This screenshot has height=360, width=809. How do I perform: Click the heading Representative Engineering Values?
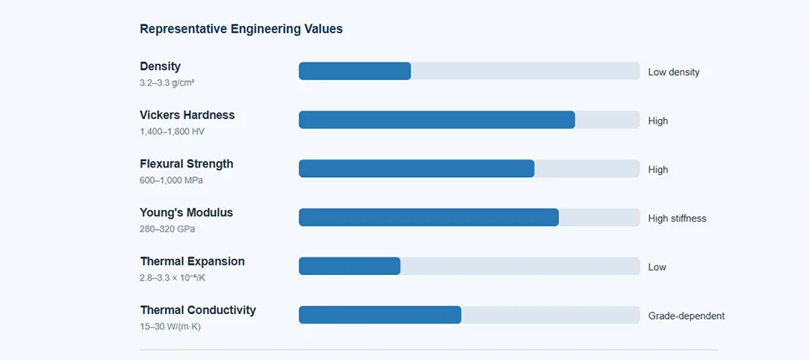[241, 29]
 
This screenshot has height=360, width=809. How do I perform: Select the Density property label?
[160, 66]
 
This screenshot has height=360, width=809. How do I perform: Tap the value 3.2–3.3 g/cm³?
[167, 83]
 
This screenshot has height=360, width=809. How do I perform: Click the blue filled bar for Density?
[355, 71]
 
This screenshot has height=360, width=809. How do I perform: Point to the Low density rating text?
[674, 72]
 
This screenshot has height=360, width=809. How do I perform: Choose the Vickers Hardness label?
[188, 115]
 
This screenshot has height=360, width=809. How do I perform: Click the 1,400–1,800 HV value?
[172, 132]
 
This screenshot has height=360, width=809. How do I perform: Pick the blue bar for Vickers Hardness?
[437, 120]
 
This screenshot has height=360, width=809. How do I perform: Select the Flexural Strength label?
[186, 164]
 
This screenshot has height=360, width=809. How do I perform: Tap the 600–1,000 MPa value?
[172, 180]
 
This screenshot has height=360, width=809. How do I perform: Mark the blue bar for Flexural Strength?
[417, 168]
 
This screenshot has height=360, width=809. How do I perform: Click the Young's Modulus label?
[186, 213]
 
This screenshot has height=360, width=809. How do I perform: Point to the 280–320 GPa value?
[167, 229]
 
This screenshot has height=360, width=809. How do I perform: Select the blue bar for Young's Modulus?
[429, 217]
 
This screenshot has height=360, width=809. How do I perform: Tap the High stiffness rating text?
[677, 218]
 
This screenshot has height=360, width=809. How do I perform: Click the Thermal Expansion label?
[192, 261]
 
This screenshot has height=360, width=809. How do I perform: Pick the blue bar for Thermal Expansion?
[349, 266]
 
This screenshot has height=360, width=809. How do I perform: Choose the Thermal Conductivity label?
[197, 310]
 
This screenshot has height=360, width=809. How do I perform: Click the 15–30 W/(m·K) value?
[170, 327]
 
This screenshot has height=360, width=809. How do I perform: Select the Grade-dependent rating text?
[686, 316]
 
